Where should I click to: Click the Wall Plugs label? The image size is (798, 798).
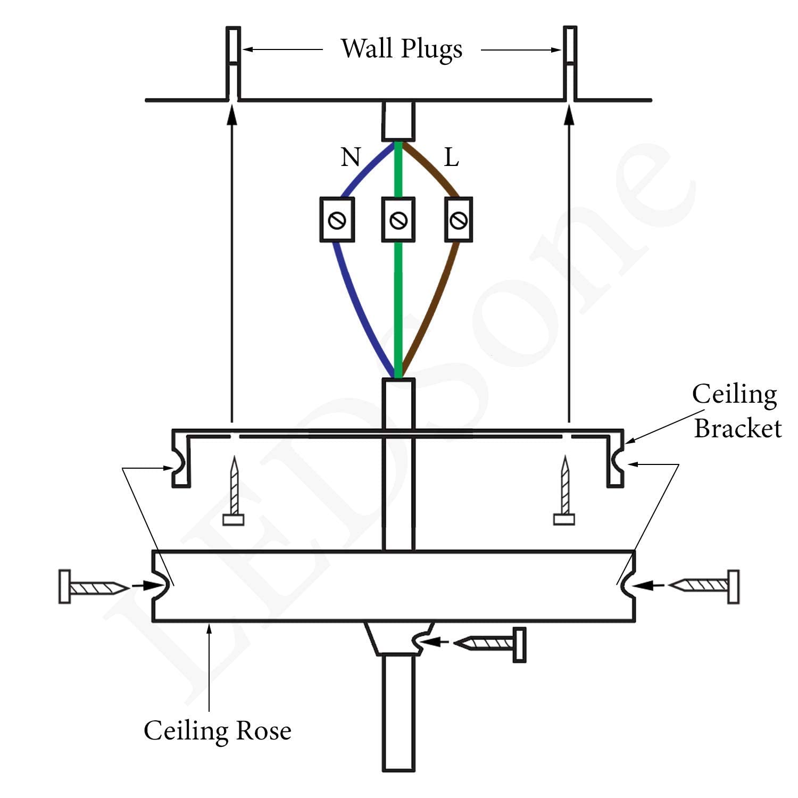click(401, 49)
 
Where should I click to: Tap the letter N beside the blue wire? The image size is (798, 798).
click(351, 157)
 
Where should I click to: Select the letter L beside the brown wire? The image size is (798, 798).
click(451, 157)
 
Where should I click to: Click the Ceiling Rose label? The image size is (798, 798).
click(217, 730)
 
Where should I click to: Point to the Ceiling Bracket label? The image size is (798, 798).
click(737, 411)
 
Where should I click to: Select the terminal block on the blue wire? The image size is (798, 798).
click(337, 219)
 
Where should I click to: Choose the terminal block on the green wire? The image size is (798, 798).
click(398, 219)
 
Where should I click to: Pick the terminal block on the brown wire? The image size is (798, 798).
click(459, 219)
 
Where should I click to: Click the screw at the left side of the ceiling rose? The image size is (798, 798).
click(93, 587)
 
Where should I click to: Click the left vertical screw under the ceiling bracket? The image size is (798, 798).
click(234, 492)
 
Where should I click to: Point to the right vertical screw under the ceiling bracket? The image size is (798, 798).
click(564, 492)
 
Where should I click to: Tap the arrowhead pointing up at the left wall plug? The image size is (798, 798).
click(231, 115)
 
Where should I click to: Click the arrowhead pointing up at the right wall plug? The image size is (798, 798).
click(569, 115)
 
